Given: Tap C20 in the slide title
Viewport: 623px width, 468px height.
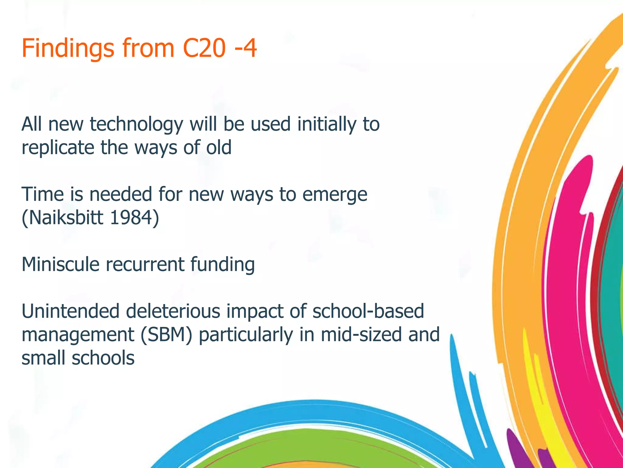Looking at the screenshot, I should pos(204,48).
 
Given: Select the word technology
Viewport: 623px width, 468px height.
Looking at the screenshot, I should pos(137,125).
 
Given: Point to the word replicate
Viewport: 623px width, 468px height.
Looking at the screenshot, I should pos(58,148).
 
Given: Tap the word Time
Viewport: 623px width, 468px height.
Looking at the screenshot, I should pos(43,194).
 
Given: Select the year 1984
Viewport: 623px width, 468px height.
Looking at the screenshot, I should pos(134,218).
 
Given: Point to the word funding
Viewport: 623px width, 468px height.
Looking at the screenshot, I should pos(223,264).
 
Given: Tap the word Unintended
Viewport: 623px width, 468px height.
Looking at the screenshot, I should pos(70,311).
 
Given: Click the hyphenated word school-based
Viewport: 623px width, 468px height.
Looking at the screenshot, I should pos(368,311).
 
